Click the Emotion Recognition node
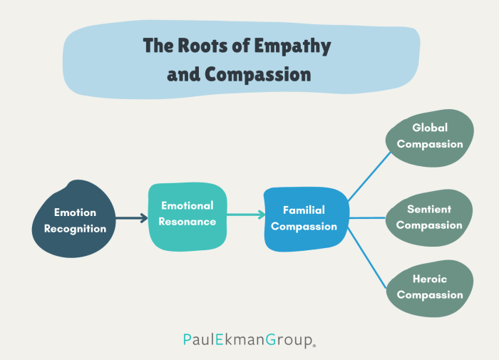pyautogui.click(x=75, y=220)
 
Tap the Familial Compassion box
pyautogui.click(x=306, y=219)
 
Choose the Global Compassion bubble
pyautogui.click(x=430, y=137)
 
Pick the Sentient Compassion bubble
pyautogui.click(x=429, y=217)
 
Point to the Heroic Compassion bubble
pyautogui.click(x=429, y=287)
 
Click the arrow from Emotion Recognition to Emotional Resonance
pyautogui.click(x=132, y=219)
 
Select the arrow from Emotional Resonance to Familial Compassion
pyautogui.click(x=245, y=214)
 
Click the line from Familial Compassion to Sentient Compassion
pyautogui.click(x=367, y=218)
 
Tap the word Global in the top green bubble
pyautogui.click(x=430, y=128)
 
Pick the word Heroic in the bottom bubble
pyautogui.click(x=430, y=279)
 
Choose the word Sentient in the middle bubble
pyautogui.click(x=429, y=210)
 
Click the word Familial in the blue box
pyautogui.click(x=304, y=210)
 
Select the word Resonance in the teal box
pyautogui.click(x=187, y=222)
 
